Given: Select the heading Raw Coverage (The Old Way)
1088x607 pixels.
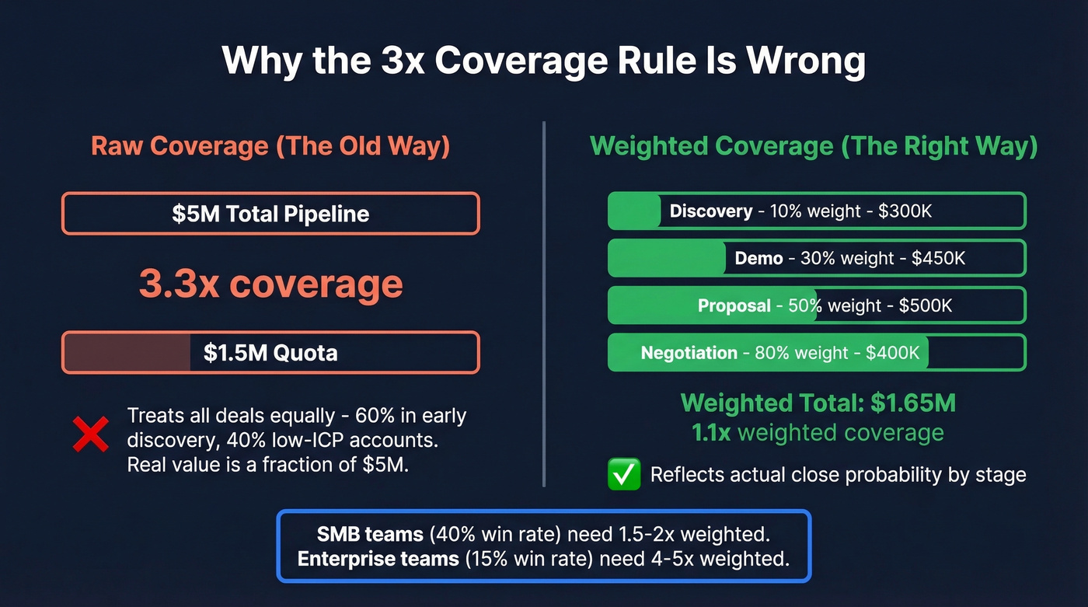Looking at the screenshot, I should (270, 146).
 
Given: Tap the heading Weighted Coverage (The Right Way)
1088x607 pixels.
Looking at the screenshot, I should (814, 146).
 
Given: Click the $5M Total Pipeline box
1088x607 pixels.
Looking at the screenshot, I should (270, 214).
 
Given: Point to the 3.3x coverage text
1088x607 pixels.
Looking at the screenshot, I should (270, 284).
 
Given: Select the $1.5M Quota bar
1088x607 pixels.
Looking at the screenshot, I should (270, 353).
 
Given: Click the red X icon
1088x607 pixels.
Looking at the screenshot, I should (91, 434).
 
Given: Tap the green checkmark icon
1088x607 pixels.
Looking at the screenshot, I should (624, 474).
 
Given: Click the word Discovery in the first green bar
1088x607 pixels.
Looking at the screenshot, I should (710, 211).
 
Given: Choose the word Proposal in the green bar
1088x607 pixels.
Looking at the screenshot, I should (734, 306).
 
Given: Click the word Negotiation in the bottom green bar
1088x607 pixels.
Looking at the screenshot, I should (689, 354).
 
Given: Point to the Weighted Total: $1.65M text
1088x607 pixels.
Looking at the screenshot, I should (818, 403).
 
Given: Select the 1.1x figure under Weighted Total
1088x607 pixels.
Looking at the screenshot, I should (711, 433).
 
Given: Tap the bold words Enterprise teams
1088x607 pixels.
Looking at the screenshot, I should (378, 559).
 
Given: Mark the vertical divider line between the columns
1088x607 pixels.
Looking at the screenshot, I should (544, 303).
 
